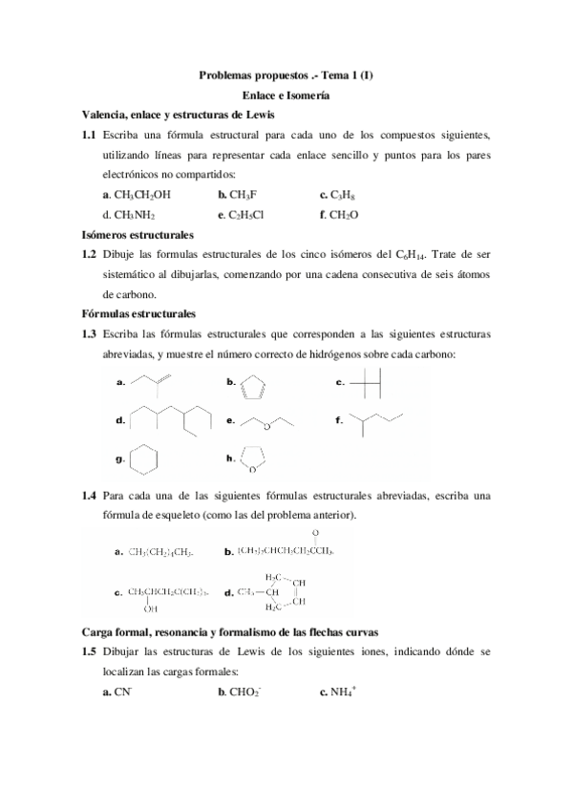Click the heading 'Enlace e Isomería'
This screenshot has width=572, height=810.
(x=285, y=96)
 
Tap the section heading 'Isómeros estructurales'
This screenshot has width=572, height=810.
(x=138, y=233)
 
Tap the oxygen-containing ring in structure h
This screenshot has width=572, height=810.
(x=255, y=459)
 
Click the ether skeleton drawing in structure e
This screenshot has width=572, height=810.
(x=272, y=421)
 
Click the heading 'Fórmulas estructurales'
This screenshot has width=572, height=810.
(x=139, y=313)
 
